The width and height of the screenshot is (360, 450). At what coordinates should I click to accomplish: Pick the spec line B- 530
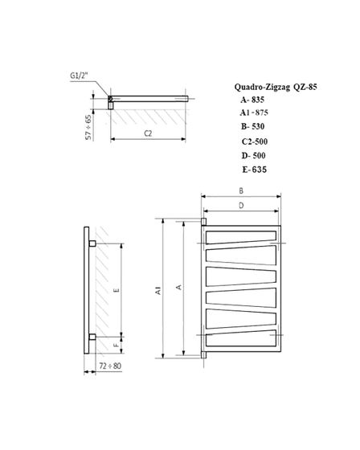tap(252, 127)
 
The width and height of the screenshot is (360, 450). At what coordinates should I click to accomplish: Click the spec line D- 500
tap(252, 155)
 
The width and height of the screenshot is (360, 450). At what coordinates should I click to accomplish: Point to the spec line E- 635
tap(252, 170)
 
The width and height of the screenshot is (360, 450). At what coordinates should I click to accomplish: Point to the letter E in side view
tap(117, 290)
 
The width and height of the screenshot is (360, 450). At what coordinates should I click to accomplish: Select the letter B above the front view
tap(241, 190)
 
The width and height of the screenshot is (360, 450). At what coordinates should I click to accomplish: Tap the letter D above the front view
tap(241, 205)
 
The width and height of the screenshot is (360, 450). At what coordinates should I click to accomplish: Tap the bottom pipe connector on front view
tap(204, 353)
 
